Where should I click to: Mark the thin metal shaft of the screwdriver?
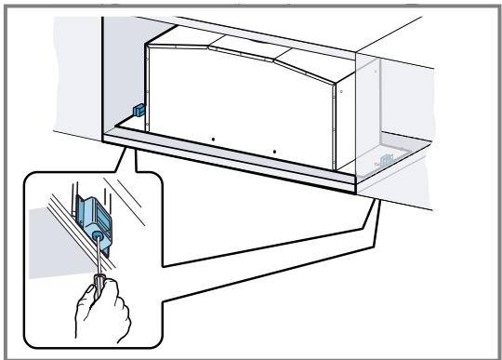(91, 257)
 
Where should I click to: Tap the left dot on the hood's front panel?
(212, 140)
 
